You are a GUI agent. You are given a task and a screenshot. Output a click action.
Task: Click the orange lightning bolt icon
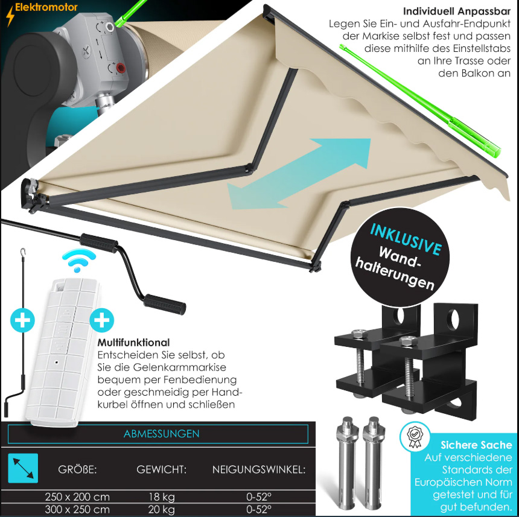click(x=10, y=16)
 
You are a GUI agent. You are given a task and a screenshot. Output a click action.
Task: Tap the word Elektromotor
click(x=46, y=7)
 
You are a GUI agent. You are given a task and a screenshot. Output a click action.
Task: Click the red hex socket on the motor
click(x=120, y=68)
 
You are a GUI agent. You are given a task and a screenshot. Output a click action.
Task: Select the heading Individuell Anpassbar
click(x=456, y=11)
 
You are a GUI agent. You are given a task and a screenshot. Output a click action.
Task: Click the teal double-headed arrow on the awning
click(x=299, y=174)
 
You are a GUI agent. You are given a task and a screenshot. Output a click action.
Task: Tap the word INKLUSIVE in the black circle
click(x=406, y=239)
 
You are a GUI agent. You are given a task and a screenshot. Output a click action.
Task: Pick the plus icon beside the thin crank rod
click(x=22, y=320)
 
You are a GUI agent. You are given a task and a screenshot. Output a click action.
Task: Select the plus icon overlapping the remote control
click(x=102, y=320)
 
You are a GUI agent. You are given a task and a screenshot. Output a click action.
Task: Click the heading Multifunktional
click(x=133, y=342)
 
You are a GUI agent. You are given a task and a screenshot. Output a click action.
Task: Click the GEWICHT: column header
click(x=161, y=469)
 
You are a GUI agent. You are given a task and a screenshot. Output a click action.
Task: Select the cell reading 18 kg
click(x=162, y=497)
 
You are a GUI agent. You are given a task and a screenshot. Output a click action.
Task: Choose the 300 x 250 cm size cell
click(x=77, y=509)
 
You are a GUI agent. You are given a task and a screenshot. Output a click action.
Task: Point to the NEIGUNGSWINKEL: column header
click(x=259, y=469)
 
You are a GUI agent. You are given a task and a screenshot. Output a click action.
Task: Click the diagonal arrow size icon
click(x=23, y=468)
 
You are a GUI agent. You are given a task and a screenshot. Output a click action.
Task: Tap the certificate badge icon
click(x=415, y=437)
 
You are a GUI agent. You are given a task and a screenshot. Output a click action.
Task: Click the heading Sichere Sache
click(x=476, y=445)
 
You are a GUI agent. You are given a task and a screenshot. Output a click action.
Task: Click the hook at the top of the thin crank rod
click(x=23, y=252)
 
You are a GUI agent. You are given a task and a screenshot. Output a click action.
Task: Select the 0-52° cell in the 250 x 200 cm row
click(x=259, y=497)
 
